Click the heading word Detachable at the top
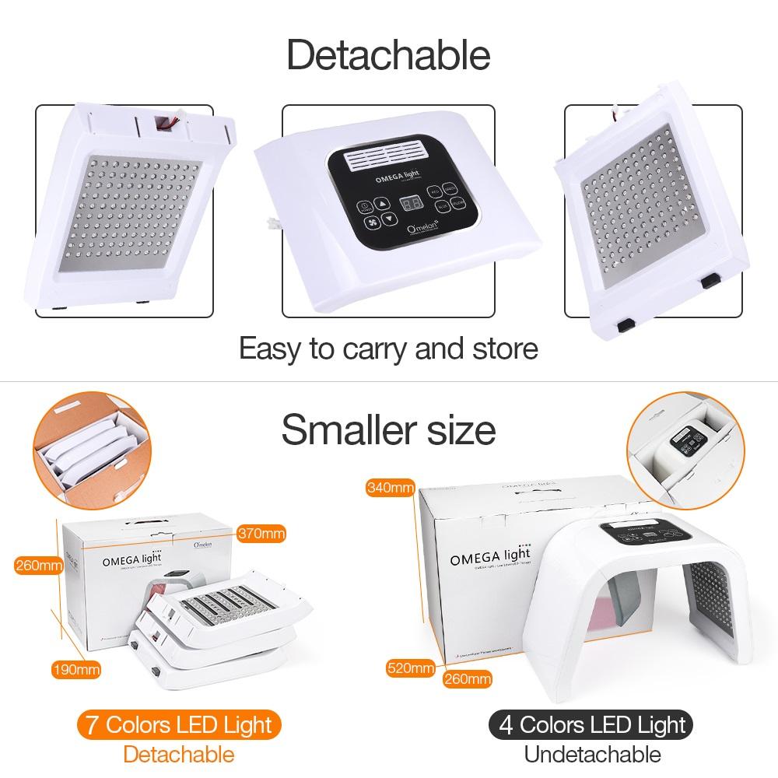coord(388,55)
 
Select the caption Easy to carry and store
coord(388,348)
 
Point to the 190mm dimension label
coord(76,669)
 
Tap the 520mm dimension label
coord(412,668)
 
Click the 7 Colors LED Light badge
coord(178,725)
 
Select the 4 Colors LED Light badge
coord(591,725)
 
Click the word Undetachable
coord(592,754)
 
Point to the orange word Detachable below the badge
coord(178,754)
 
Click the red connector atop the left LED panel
coord(166,121)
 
